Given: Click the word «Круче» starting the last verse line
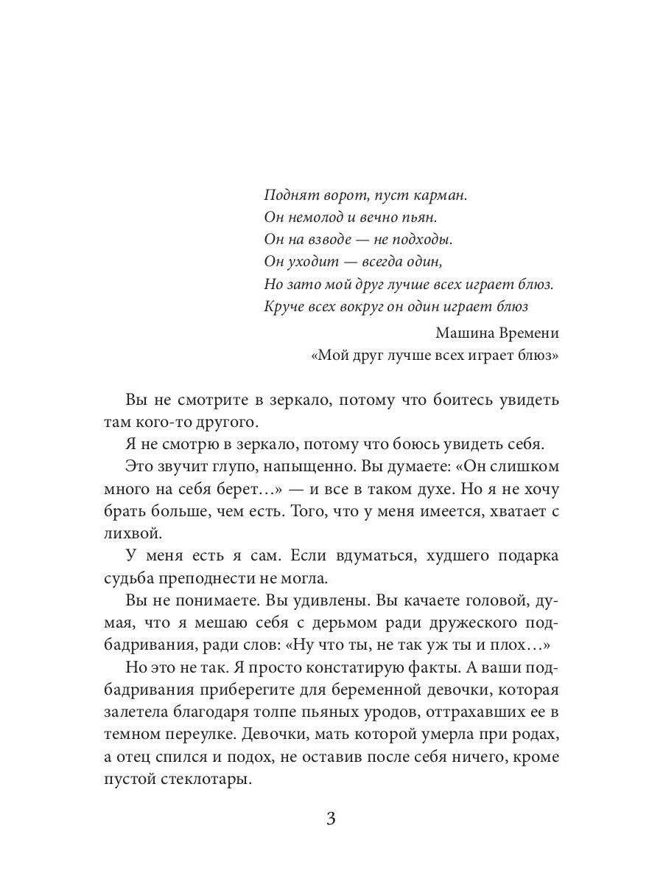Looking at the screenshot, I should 282,306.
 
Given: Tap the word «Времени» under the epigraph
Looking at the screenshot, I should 527,333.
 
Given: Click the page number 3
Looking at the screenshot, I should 331,819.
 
